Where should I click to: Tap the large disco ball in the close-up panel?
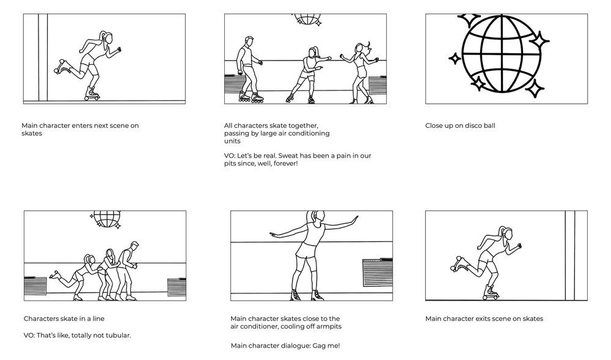502,54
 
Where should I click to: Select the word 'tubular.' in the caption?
119,335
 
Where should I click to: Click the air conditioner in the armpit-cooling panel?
378,273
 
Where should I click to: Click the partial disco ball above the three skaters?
307,19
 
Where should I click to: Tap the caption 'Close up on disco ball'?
460,125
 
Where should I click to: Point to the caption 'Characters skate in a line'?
64,318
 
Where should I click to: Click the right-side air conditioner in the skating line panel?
177,287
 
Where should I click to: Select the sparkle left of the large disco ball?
455,59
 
